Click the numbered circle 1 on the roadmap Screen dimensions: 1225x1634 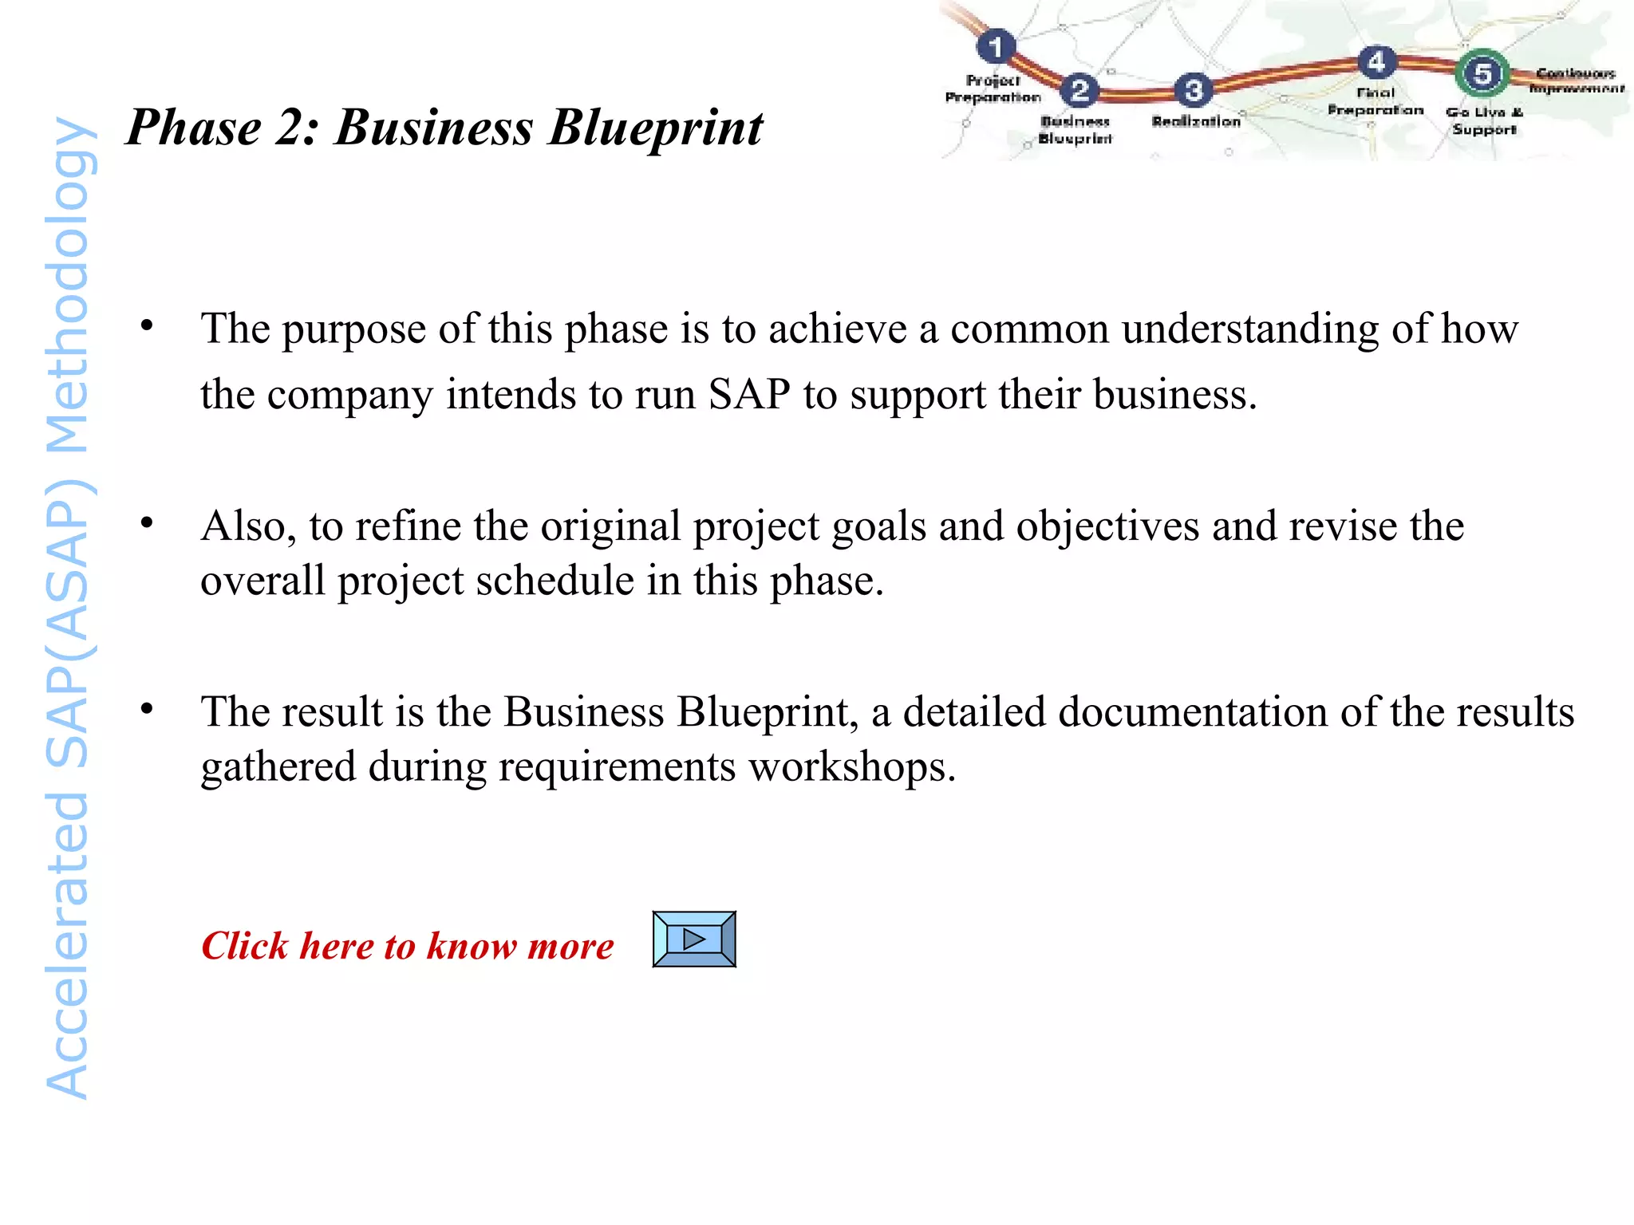996,47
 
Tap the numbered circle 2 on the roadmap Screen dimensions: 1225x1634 1079,90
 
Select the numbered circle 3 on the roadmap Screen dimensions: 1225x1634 1194,90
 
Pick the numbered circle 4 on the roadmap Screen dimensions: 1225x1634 1376,62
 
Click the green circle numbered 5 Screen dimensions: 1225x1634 1482,74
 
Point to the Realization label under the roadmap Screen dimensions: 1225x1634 1196,121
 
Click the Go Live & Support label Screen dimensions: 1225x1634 1484,120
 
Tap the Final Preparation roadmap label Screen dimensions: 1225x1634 1375,101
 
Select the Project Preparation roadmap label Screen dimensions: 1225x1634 993,89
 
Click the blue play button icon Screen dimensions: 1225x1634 694,939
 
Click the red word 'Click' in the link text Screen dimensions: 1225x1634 244,946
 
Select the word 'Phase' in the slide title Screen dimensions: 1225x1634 195,128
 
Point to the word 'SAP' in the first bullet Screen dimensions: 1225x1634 749,394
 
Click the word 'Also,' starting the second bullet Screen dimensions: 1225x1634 248,527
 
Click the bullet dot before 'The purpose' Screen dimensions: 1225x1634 147,326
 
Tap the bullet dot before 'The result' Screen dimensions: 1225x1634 147,709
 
